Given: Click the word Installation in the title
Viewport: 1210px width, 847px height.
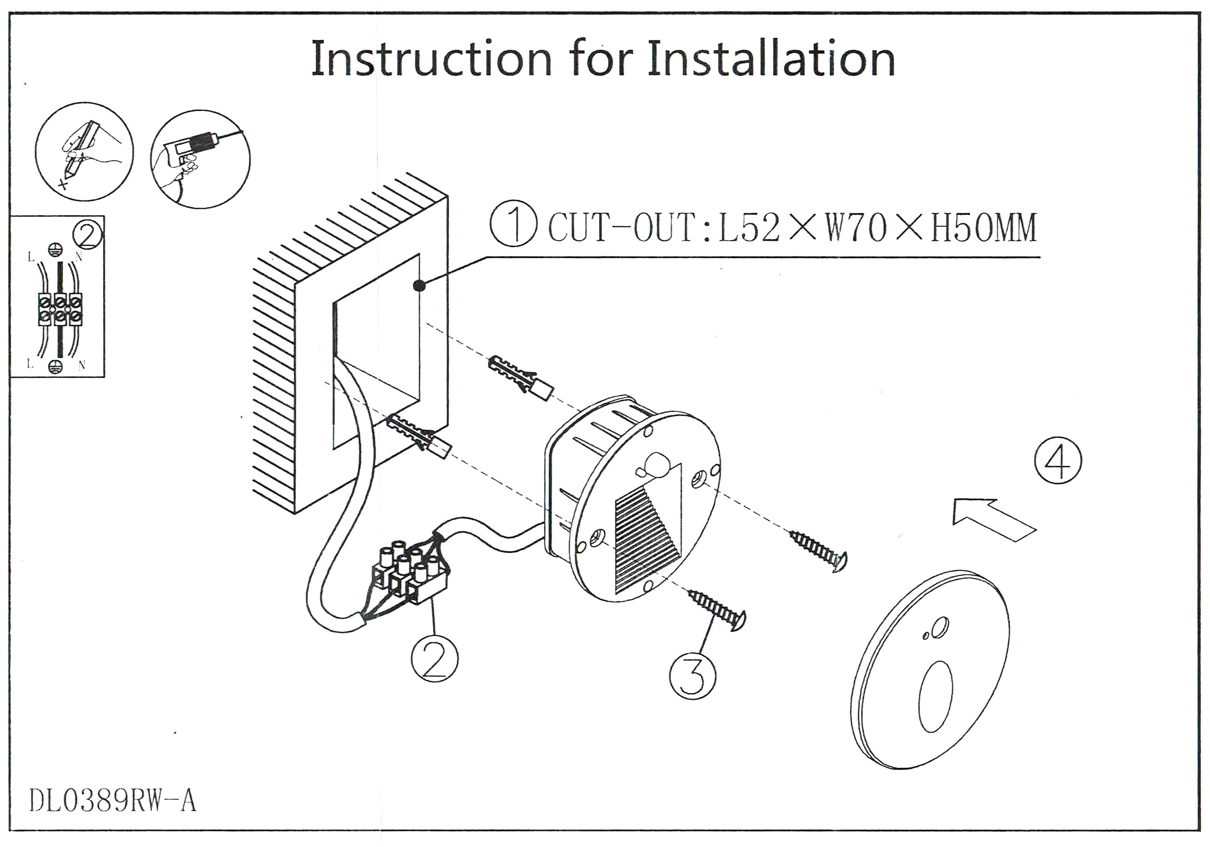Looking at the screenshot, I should [x=771, y=59].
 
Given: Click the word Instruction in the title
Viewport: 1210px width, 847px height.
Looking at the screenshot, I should [x=432, y=59].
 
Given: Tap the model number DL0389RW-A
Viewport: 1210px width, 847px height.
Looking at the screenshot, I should [x=112, y=800].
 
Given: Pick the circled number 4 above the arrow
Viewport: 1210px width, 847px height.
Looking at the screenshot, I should [x=1058, y=461].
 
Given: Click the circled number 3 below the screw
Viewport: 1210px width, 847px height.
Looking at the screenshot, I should [x=692, y=676].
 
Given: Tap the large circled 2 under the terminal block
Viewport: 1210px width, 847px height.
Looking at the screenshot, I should [x=435, y=658].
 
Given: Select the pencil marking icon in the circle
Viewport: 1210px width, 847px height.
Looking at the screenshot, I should [x=85, y=152].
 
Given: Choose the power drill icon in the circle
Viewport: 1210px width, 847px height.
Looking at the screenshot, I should [x=200, y=159].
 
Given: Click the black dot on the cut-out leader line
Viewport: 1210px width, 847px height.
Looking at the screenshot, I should [x=419, y=286].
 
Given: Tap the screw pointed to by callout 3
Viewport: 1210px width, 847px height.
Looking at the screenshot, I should [x=718, y=611].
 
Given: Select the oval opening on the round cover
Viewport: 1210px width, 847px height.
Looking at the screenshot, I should [x=936, y=697].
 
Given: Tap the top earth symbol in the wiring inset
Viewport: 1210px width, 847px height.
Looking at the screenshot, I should [x=53, y=249].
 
